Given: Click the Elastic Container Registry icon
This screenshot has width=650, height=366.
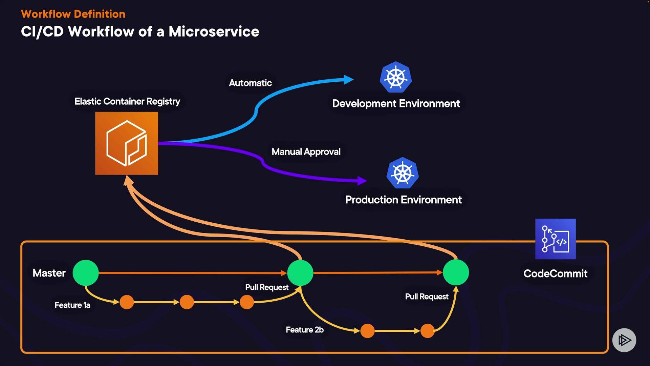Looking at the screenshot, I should (126, 143).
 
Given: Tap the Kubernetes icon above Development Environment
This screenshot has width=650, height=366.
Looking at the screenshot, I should (395, 77).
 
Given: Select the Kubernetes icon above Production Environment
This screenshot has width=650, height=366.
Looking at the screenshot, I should (403, 173).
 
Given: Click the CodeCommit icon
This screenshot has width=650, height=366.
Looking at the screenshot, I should (555, 239).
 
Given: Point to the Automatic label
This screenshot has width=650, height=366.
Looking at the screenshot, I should (250, 83).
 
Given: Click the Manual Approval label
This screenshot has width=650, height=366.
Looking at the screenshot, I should (306, 152).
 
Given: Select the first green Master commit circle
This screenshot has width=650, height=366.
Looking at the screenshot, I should (86, 273).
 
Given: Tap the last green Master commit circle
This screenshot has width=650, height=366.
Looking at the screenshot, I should (456, 272).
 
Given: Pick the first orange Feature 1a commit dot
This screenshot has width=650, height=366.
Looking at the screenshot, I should (127, 302).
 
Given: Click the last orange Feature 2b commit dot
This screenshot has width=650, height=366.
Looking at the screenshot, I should (427, 331).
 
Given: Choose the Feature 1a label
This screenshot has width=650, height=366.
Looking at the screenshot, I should (72, 305).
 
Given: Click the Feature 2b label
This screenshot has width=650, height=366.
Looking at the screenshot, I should (305, 330).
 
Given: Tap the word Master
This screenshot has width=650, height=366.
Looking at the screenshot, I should (49, 273).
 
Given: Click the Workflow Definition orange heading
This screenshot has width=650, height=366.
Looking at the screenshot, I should (73, 14).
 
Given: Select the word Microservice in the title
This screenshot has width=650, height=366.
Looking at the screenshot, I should (214, 32).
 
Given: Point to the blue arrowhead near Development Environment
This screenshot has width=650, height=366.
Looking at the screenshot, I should (348, 80).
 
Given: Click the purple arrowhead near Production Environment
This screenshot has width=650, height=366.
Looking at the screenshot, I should (362, 181).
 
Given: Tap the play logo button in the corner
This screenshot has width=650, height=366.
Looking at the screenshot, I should (624, 340).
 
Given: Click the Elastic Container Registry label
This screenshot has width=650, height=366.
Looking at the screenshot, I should (127, 101).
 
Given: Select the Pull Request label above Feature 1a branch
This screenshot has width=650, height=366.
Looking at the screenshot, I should (267, 287).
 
